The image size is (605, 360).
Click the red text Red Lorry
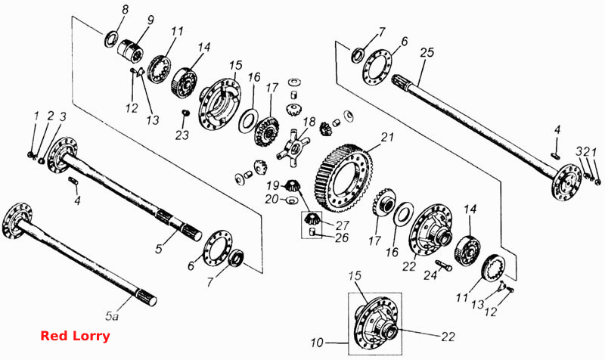tap(75, 336)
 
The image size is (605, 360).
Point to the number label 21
tap(387, 138)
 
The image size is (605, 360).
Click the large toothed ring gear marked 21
tap(345, 178)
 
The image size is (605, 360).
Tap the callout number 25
tap(427, 52)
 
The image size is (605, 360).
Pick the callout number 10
tap(317, 342)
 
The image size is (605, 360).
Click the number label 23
tap(182, 135)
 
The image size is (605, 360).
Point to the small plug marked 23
tap(185, 113)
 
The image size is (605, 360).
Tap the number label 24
tap(430, 275)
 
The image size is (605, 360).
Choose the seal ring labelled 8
tap(110, 39)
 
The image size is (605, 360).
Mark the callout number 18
tap(309, 123)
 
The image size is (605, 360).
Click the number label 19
tap(273, 186)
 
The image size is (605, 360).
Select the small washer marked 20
tap(292, 200)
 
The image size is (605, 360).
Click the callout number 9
tap(150, 20)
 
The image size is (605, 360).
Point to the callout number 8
tap(125, 11)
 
